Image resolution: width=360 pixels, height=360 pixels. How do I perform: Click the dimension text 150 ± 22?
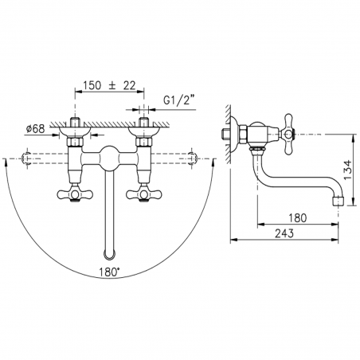(109, 85)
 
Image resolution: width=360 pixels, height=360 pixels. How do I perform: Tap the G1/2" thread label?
(179, 100)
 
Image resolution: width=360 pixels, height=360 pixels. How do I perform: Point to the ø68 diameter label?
(35, 129)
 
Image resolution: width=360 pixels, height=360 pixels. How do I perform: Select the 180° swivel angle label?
(109, 272)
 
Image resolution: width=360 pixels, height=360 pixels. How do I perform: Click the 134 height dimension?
(348, 170)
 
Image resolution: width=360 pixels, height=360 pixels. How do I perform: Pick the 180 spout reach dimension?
(297, 218)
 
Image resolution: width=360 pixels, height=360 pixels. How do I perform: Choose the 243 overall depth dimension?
(284, 233)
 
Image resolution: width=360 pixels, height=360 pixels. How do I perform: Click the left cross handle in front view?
(75, 194)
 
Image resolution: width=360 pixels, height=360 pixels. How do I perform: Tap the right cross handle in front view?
(143, 194)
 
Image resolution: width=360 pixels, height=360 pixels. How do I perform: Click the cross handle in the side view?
(288, 135)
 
